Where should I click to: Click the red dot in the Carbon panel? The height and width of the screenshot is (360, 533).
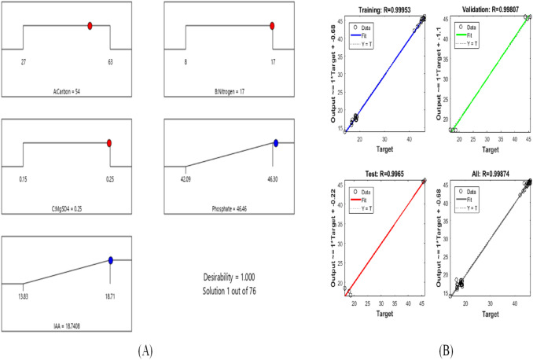click(90, 26)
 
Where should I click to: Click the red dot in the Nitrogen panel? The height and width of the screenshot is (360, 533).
click(272, 26)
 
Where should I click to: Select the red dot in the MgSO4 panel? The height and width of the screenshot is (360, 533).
click(109, 143)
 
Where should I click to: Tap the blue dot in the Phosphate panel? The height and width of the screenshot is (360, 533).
click(276, 143)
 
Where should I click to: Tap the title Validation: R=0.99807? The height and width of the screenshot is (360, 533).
click(487, 7)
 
